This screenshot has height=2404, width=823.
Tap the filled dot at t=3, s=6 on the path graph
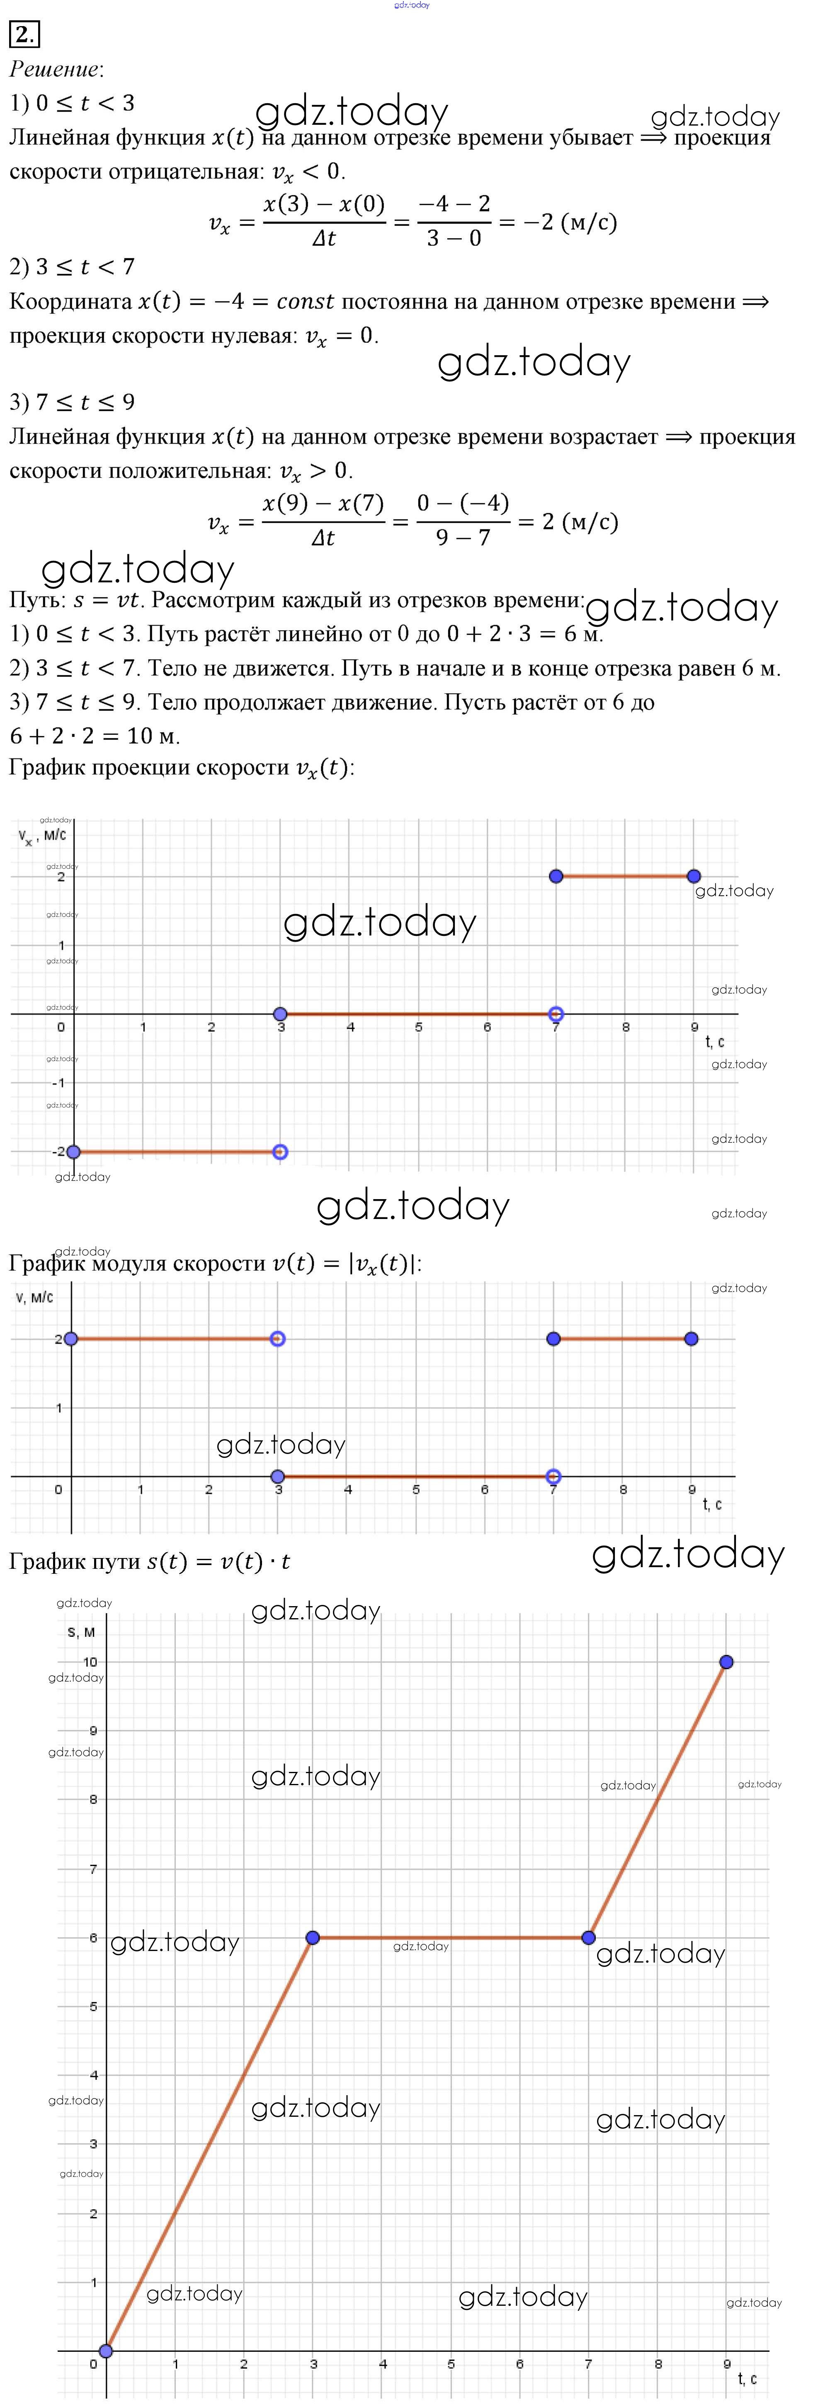(x=313, y=1937)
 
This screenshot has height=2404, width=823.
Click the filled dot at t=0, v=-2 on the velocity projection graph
(x=74, y=1151)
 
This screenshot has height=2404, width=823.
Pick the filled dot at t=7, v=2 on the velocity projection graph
(x=556, y=876)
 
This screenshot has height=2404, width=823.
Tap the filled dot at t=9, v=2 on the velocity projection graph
(x=693, y=876)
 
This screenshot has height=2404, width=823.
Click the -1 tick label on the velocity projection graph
(x=59, y=1083)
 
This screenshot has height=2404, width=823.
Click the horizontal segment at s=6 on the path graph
(x=451, y=1937)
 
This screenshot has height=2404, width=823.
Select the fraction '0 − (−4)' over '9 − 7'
(x=463, y=521)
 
